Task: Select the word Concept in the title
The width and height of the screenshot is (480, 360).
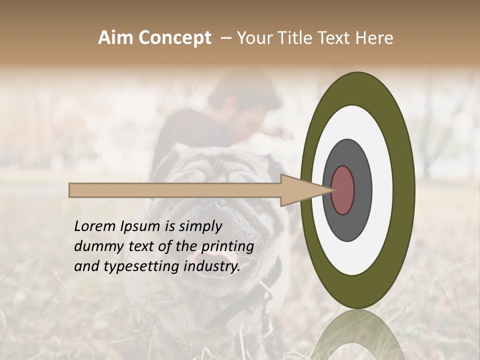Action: [174, 38]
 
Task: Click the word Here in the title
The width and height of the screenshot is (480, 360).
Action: [374, 38]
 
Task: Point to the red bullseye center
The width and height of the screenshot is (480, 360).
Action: [343, 190]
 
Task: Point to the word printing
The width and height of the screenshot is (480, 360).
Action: [227, 247]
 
